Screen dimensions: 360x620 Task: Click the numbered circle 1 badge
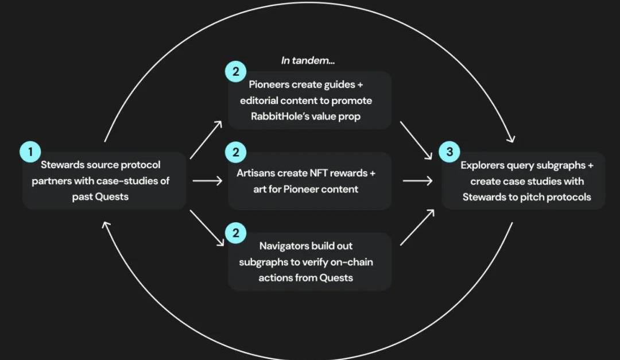[30, 152]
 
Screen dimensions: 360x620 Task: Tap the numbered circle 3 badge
[449, 152]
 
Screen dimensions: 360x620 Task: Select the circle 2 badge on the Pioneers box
[235, 72]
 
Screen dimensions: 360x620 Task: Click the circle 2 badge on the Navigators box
[235, 233]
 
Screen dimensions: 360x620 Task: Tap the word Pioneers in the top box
[269, 84]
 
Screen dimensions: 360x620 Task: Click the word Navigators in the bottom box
[284, 246]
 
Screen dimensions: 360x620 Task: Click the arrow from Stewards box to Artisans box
[207, 181]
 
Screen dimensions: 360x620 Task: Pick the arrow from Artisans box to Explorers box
[417, 181]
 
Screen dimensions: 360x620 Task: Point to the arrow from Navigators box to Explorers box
[416, 228]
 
